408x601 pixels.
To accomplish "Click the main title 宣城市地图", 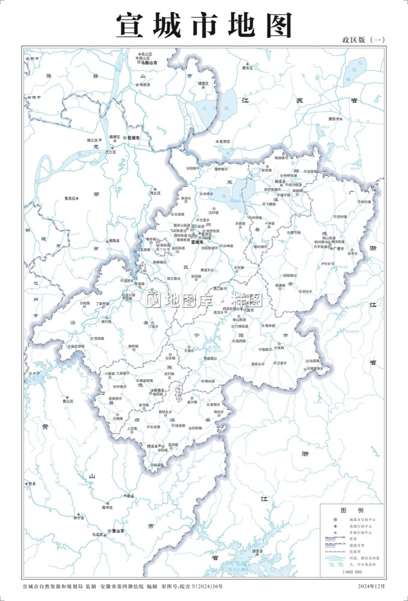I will [x=204, y=25].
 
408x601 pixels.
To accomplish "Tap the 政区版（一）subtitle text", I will [x=363, y=40].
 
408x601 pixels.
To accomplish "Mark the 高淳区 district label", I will [x=224, y=142].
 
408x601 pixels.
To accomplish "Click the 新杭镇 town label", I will [x=366, y=202].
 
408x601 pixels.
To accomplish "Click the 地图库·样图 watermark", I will [x=205, y=299].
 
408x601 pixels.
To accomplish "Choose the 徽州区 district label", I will [x=107, y=508].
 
